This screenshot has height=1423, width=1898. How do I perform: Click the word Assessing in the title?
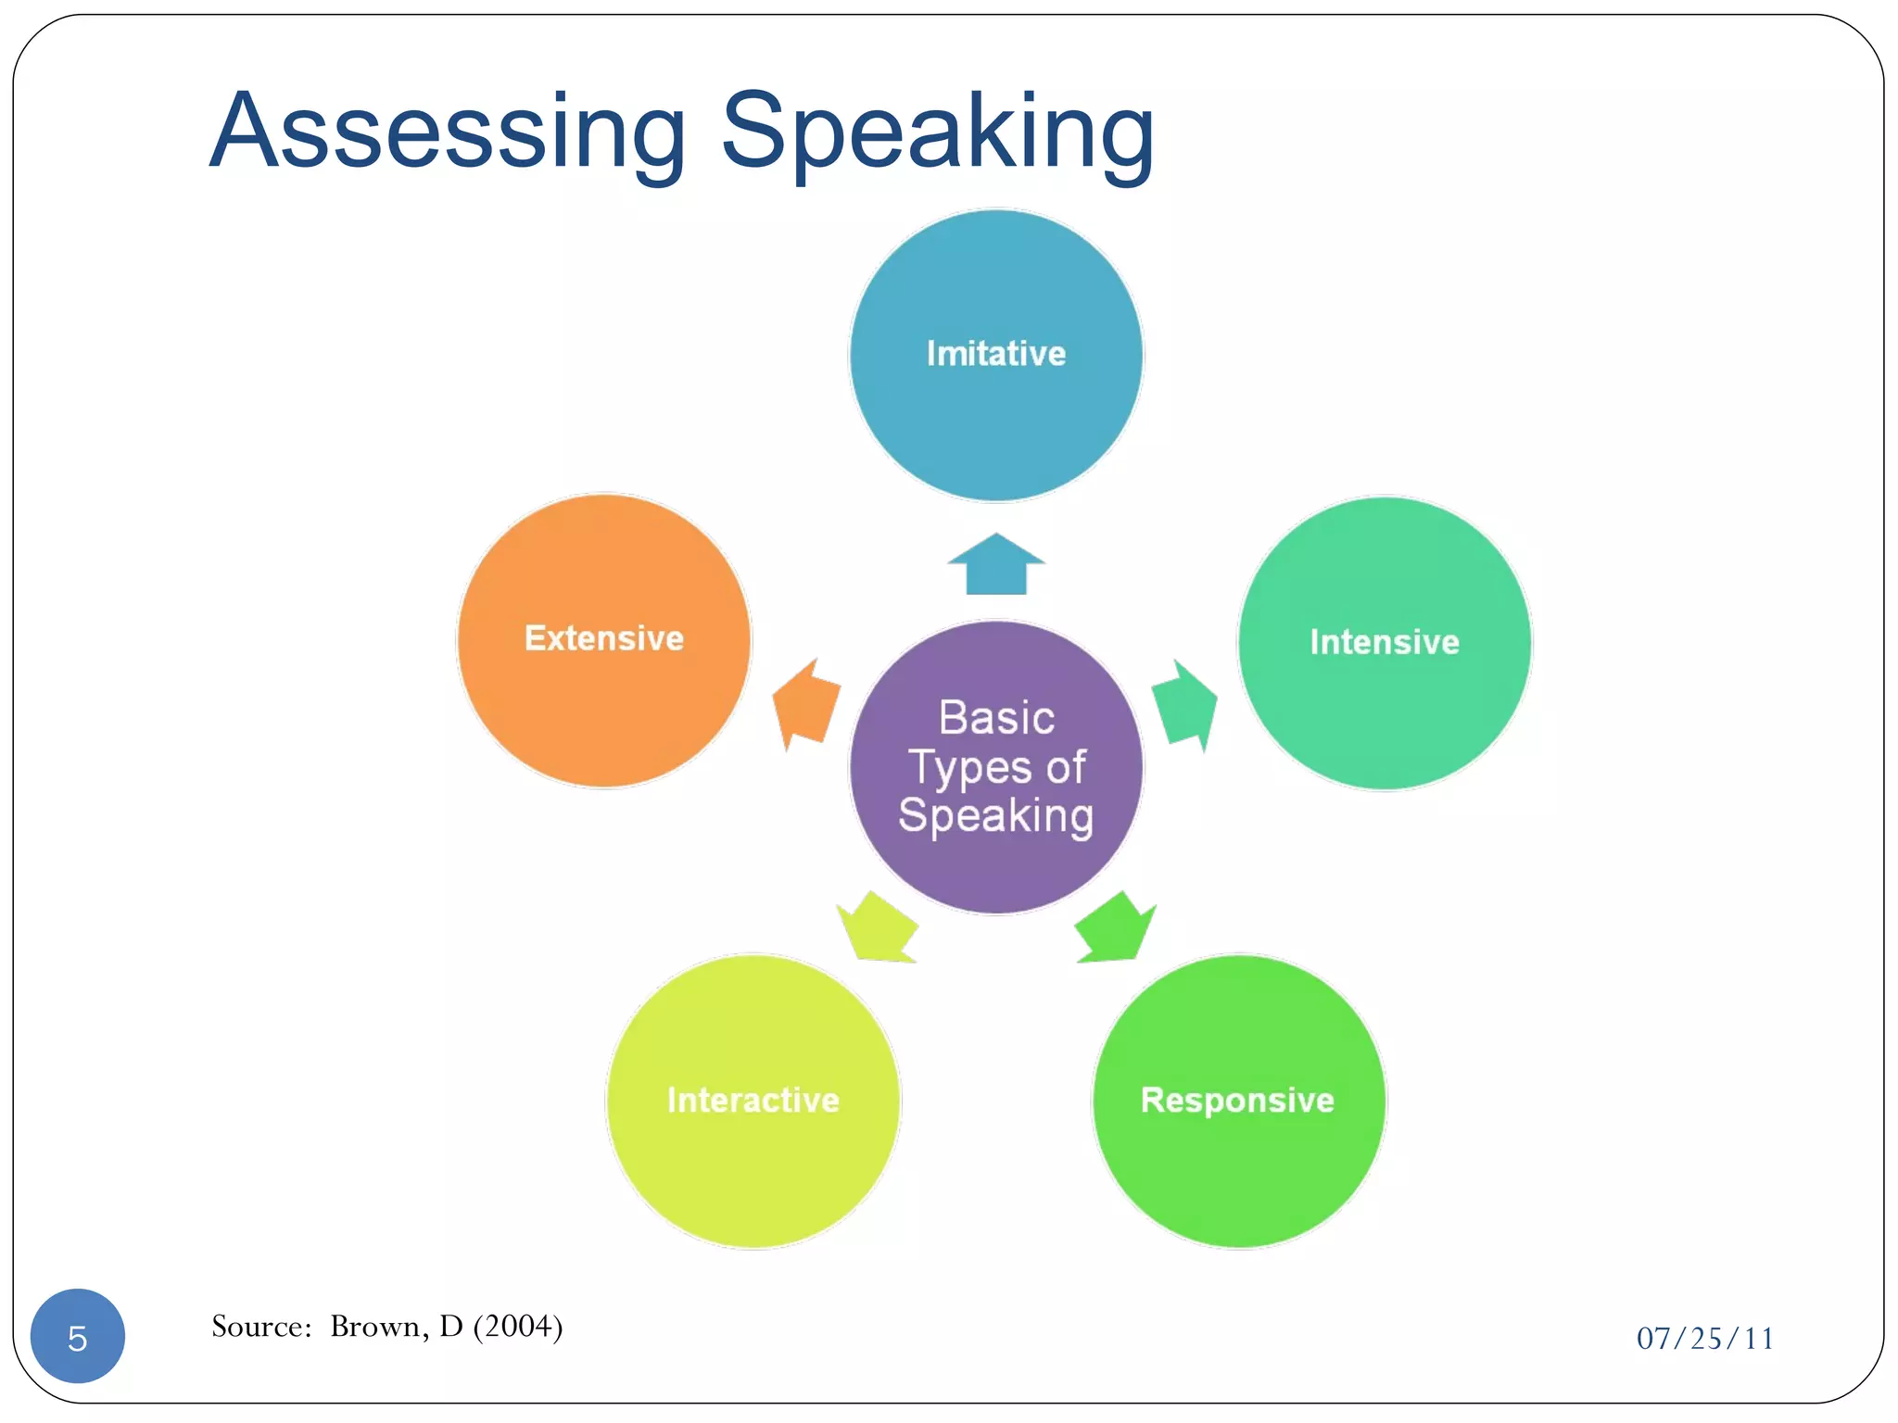coord(448,132)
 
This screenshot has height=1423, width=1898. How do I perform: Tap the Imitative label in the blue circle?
coord(996,354)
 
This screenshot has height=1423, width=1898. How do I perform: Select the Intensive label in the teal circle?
coord(1385,642)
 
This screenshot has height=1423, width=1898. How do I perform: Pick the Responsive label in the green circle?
coord(1237,1101)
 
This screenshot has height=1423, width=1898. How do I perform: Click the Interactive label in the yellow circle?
coord(753,1101)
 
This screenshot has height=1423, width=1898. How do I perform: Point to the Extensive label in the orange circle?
coord(604,638)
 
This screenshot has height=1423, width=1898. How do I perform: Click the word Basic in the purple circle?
coord(996,718)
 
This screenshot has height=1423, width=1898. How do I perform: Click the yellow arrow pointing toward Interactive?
coord(877,929)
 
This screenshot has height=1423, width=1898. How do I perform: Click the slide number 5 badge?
coord(78,1336)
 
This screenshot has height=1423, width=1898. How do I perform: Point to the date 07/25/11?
coord(1704,1339)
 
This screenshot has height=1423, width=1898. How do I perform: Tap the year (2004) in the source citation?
coord(518,1327)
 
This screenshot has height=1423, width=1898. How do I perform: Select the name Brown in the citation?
coord(374,1327)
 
